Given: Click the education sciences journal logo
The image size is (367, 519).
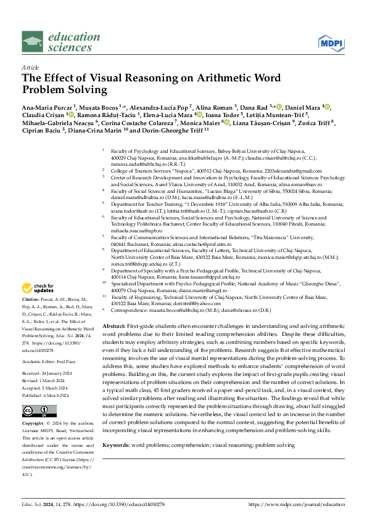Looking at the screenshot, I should [60, 41].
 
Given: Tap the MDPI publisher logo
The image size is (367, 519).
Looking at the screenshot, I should [331, 43].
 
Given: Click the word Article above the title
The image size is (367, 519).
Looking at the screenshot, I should [30, 67].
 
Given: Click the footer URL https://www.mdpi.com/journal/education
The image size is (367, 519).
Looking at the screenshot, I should [296, 505].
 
